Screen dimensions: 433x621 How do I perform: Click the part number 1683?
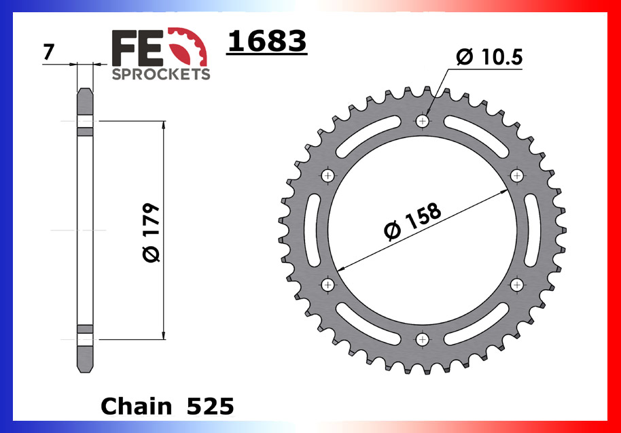266,41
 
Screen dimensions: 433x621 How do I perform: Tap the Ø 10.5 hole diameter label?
489,58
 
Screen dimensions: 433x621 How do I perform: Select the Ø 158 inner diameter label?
412,222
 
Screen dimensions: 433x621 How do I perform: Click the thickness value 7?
48,52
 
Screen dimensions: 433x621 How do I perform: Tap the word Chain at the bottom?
136,406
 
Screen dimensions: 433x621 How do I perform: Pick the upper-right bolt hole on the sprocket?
517,175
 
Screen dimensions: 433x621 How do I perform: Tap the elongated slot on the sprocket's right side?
532,229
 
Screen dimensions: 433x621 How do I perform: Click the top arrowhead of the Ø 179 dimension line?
163,125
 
